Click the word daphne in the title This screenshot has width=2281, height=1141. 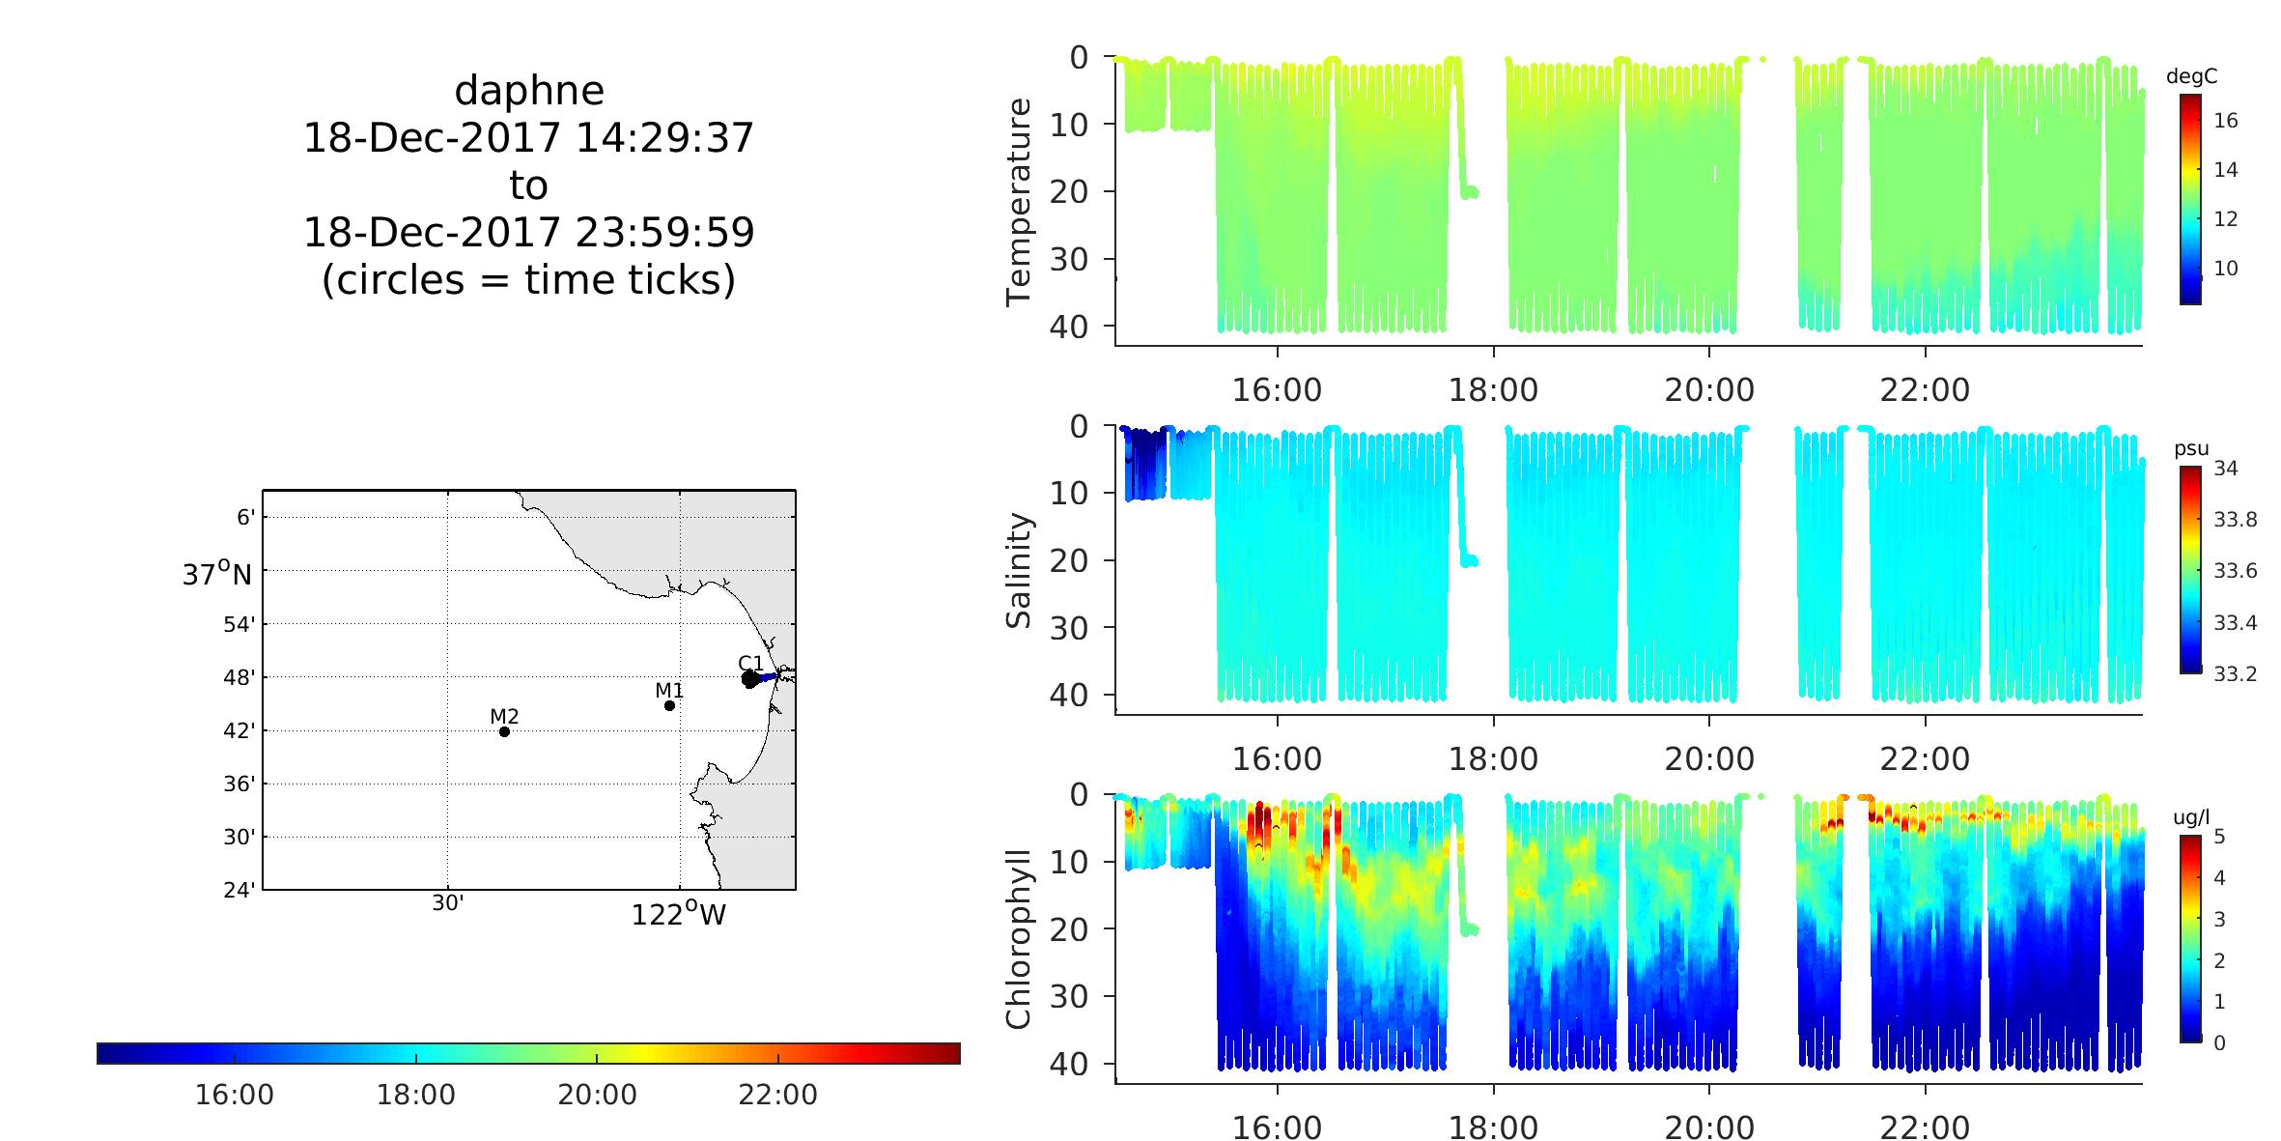529,91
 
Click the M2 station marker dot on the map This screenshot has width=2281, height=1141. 504,731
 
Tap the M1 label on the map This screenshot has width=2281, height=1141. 669,690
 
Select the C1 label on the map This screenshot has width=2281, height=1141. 750,663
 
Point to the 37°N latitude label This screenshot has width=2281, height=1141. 216,575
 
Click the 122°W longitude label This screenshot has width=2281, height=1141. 678,914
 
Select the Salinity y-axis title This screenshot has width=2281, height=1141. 1020,570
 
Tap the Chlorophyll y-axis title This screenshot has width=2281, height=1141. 1020,938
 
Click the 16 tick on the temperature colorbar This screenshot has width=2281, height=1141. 2225,121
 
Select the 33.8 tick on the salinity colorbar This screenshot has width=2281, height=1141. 2235,520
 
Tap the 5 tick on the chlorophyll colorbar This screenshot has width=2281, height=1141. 2218,837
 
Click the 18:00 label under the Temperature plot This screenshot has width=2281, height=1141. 1493,389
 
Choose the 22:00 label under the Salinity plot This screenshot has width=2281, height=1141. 1925,758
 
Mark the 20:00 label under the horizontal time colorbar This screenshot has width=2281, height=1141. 597,1095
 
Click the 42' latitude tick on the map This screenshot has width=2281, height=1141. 239,730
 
